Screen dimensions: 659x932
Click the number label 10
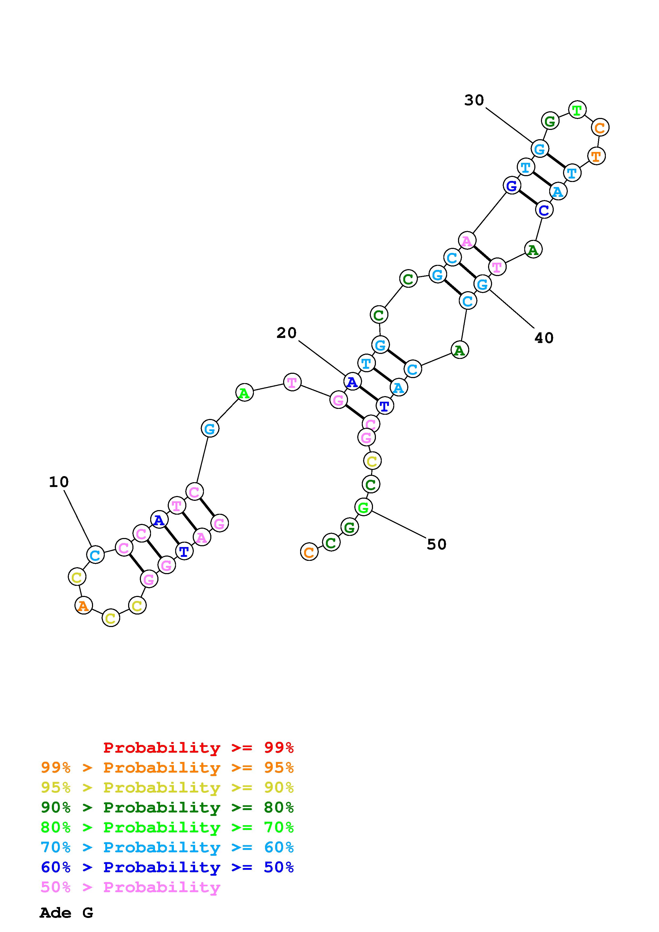coord(59,482)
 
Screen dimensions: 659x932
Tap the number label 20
coord(287,333)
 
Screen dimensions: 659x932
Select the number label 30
coord(474,100)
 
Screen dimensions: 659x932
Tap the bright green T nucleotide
coord(577,110)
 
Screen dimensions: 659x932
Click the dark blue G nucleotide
coord(512,186)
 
